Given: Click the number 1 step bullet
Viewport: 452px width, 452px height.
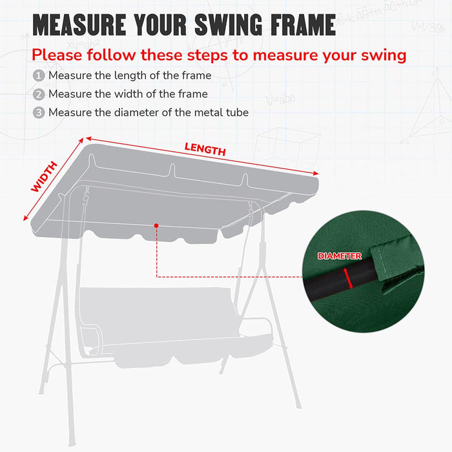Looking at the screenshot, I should (39, 76).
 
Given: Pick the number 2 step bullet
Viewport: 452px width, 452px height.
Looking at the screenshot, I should (39, 94).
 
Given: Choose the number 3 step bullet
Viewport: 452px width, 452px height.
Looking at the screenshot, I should (39, 113).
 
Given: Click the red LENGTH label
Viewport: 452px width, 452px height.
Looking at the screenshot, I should (205, 149).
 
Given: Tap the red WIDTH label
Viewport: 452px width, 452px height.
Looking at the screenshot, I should (45, 176).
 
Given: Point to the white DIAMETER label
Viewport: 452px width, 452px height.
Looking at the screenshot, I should (339, 256).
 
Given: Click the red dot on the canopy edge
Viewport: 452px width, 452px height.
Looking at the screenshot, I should (156, 225).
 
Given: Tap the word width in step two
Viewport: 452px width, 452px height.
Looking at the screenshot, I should (112, 94).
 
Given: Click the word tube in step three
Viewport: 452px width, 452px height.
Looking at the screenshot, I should (236, 113).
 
